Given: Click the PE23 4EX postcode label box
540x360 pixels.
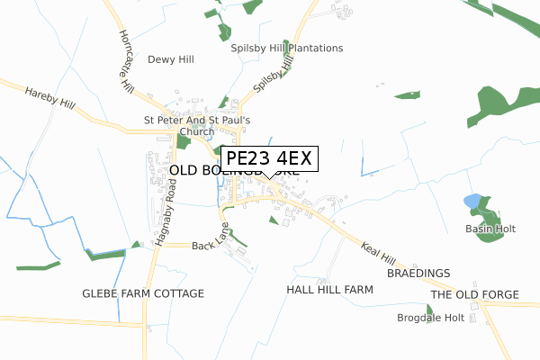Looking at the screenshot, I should (x=269, y=158).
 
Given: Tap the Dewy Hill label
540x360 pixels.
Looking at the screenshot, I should (x=171, y=59).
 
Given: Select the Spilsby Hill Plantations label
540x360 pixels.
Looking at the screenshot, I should (x=286, y=48).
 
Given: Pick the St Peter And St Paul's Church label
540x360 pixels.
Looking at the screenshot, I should (x=203, y=126).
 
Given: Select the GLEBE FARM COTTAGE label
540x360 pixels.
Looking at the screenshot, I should (x=143, y=293).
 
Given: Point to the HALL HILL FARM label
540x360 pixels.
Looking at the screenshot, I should (x=329, y=290).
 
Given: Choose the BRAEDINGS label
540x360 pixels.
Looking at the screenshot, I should (x=418, y=272).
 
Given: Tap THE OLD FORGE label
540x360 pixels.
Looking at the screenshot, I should (x=474, y=294).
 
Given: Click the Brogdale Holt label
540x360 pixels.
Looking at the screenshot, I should (x=430, y=318).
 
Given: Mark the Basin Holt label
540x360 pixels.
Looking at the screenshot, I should (x=490, y=229).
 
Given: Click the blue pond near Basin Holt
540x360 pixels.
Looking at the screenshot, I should (x=472, y=201).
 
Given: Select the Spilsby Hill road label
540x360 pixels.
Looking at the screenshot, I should (x=274, y=75).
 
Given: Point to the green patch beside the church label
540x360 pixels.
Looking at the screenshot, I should (x=184, y=141).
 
